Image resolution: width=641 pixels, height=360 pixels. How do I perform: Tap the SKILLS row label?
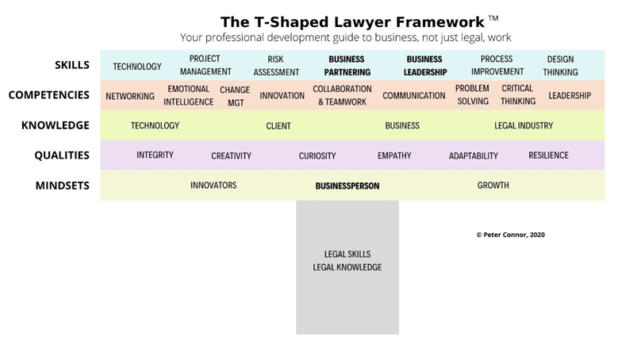(x=72, y=65)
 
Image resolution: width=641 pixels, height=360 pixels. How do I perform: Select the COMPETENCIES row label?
(x=49, y=95)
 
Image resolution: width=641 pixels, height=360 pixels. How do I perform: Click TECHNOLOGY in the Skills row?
(x=136, y=67)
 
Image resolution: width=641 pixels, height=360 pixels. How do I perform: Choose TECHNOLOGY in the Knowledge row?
(x=155, y=126)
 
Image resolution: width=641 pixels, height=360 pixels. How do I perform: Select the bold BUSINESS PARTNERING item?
(x=347, y=65)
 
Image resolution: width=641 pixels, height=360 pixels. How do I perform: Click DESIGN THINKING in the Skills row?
(x=560, y=65)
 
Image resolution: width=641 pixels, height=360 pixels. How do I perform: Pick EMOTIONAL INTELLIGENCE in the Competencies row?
(x=188, y=95)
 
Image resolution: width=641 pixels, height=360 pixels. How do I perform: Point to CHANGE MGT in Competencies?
(x=235, y=96)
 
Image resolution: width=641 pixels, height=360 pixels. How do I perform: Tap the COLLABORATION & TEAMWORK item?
(x=342, y=95)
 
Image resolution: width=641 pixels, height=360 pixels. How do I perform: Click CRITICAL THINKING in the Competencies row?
(x=517, y=95)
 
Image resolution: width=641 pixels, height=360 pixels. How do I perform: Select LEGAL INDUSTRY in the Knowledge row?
(x=524, y=126)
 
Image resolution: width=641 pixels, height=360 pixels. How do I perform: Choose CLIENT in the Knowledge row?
(x=278, y=126)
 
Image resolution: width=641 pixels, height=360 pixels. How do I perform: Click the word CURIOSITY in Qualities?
(x=317, y=156)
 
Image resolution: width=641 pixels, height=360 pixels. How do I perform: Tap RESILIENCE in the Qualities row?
(x=548, y=155)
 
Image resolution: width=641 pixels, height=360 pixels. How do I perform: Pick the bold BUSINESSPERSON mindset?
(x=347, y=186)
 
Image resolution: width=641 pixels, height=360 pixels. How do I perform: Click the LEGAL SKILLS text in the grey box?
(x=347, y=255)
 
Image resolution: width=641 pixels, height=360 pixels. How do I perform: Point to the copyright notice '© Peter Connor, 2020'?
(x=510, y=235)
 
